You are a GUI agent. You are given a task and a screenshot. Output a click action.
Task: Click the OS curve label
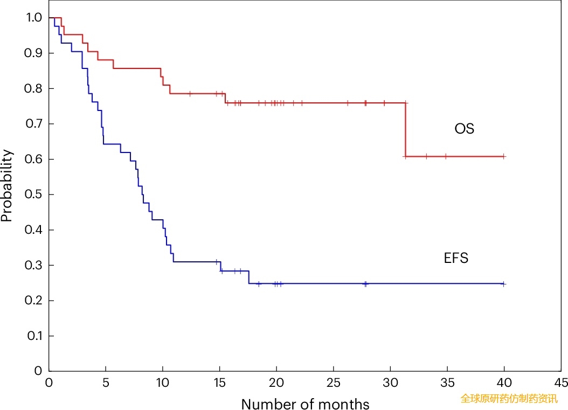point(464,129)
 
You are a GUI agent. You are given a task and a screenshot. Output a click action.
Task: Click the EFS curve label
point(456,259)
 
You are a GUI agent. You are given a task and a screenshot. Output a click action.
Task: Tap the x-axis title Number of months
point(305,404)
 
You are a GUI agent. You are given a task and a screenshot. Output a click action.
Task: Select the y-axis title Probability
point(6,186)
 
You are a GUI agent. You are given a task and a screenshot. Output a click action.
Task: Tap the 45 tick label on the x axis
point(561,383)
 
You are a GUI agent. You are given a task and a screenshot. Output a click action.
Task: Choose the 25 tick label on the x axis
point(334,383)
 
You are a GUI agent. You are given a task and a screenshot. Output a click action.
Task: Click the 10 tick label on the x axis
point(163,383)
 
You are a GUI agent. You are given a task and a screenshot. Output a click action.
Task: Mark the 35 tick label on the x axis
point(447,383)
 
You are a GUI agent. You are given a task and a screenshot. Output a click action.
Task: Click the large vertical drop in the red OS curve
point(405,129)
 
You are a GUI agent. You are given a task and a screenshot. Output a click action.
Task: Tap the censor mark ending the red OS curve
point(503,156)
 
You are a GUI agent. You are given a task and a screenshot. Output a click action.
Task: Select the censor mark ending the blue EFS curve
point(503,283)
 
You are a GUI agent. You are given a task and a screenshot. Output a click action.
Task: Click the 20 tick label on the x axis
point(276,383)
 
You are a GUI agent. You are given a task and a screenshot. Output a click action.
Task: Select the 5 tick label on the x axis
point(106,383)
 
